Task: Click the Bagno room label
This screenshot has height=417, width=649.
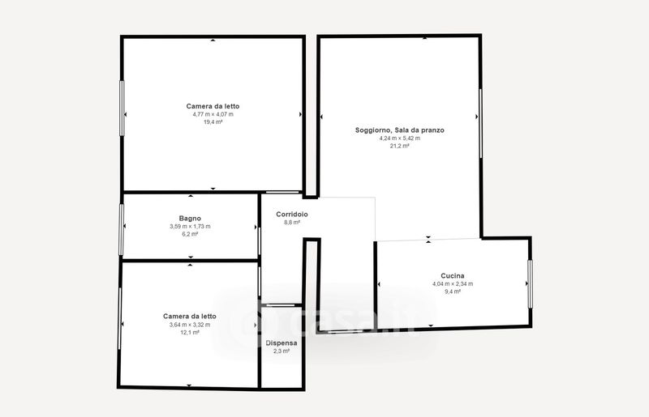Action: coord(190,218)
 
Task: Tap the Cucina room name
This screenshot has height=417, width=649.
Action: coord(453,275)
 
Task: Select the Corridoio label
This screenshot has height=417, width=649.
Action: coord(292,214)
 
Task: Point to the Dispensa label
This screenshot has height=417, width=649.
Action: coord(282,343)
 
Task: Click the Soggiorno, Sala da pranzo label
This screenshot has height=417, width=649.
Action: coord(400,130)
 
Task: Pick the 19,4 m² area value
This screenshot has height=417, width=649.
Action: coord(213,122)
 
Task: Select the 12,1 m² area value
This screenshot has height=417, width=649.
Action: coord(190,332)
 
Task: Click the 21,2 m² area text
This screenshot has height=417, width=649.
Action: coord(400,146)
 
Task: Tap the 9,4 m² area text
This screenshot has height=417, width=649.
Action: coord(453,291)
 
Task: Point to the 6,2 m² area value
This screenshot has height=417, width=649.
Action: coord(190,234)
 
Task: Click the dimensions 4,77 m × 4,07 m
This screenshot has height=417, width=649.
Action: coord(213,114)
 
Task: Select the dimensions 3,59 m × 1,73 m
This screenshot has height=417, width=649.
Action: coord(190,227)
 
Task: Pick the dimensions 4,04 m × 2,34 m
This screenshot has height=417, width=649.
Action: coord(453,284)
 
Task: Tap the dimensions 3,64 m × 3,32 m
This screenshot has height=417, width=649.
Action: coord(190,325)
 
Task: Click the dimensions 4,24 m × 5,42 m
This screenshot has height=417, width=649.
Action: coord(400,138)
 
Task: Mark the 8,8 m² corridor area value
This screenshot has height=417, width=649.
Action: coord(292,223)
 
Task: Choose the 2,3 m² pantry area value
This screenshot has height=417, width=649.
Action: coord(282,351)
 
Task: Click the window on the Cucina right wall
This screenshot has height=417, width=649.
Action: coord(531,284)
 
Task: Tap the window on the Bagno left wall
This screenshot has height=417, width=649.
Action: coord(121,229)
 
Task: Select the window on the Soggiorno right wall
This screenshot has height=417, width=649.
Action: coord(480,123)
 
